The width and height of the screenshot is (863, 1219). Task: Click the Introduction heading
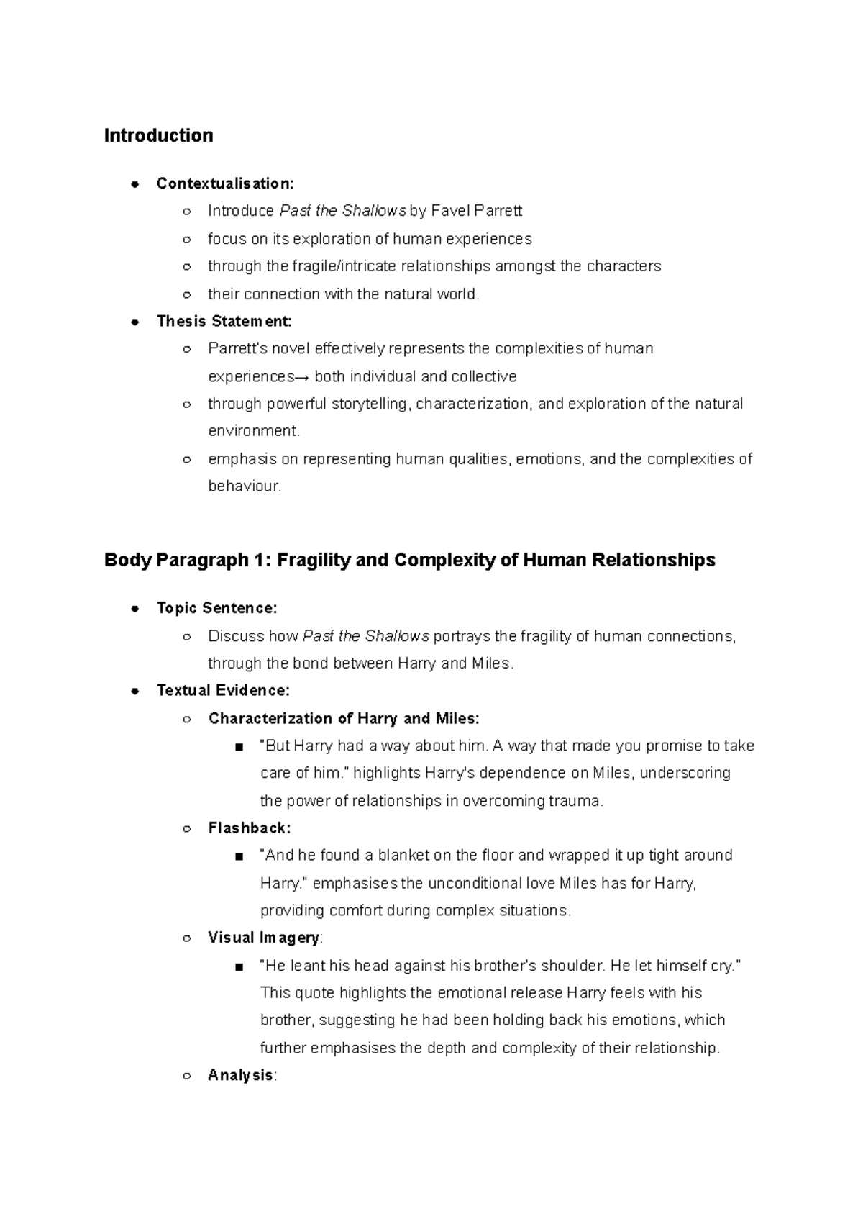[x=158, y=135]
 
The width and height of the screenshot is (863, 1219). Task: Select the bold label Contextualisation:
[x=225, y=183]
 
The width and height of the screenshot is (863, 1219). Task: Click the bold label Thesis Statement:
[x=224, y=321]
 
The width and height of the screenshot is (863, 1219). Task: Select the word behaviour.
[x=243, y=486]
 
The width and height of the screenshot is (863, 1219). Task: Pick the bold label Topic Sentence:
[x=216, y=608]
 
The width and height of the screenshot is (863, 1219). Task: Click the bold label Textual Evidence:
[x=223, y=691]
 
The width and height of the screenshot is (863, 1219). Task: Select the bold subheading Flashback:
[x=249, y=828]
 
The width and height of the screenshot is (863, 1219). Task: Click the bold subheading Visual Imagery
[x=263, y=938]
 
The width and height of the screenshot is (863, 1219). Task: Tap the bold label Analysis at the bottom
[x=240, y=1075]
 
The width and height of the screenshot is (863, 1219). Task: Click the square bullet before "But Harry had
[x=239, y=747]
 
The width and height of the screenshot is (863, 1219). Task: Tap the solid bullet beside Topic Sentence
[x=134, y=609]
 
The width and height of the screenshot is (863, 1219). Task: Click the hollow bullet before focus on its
[x=186, y=239]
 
